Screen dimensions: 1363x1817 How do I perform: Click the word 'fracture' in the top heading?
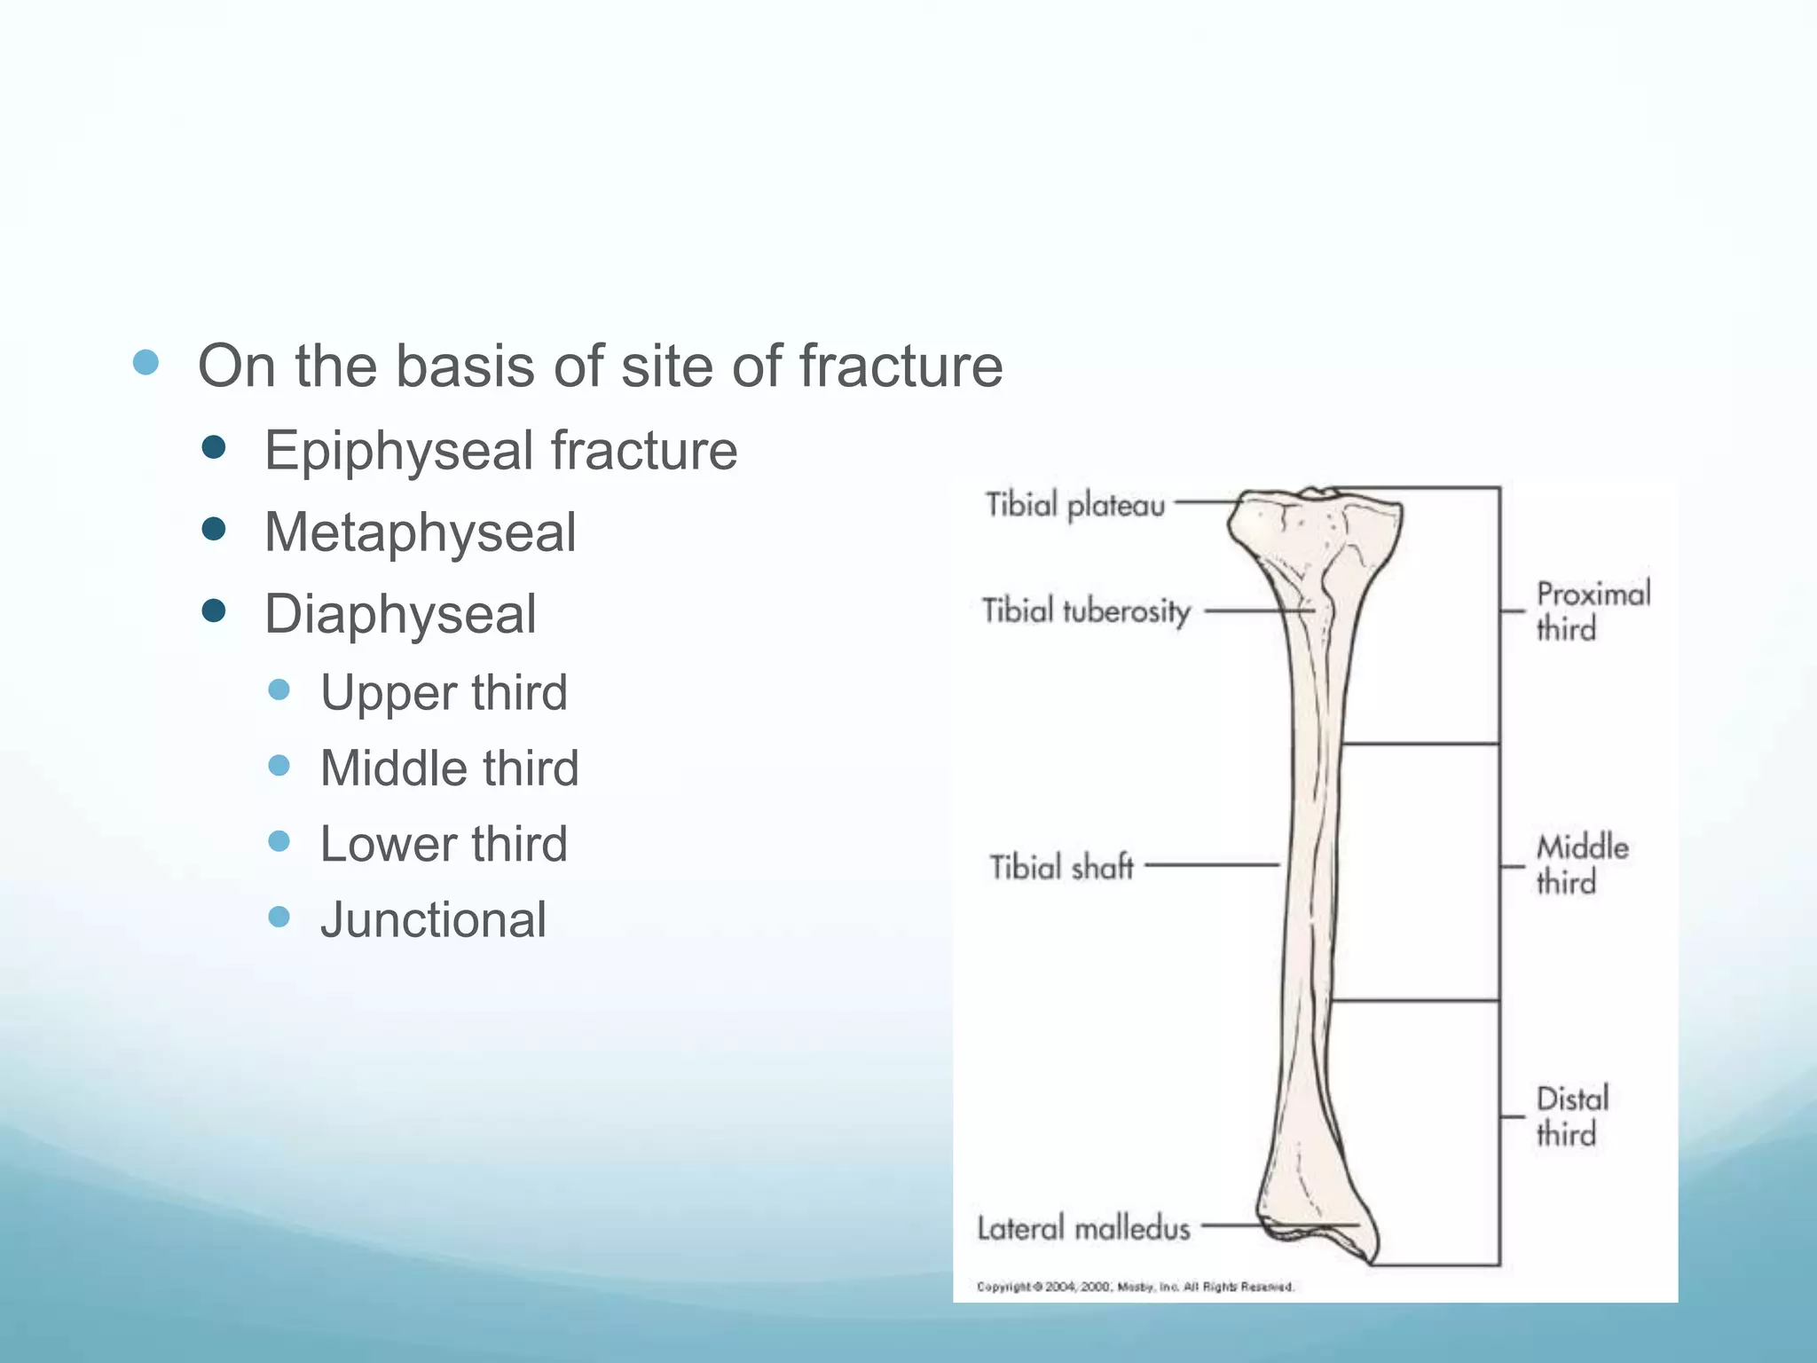pyautogui.click(x=901, y=366)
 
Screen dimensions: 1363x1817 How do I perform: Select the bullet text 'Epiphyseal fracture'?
pyautogui.click(x=500, y=450)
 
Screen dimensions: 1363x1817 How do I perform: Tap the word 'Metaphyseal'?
pyautogui.click(x=421, y=532)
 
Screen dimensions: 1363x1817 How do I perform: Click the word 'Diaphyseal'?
pyautogui.click(x=400, y=614)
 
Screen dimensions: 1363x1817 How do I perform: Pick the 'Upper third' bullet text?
pyautogui.click(x=444, y=692)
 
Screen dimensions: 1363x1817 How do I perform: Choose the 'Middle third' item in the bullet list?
pyautogui.click(x=449, y=768)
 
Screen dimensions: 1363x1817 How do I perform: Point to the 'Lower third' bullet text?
pyautogui.click(x=444, y=843)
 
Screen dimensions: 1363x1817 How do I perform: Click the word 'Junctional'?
pyautogui.click(x=433, y=919)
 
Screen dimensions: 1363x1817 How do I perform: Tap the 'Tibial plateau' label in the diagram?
pyautogui.click(x=1075, y=505)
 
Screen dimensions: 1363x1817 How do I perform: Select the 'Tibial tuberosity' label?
pyautogui.click(x=1086, y=611)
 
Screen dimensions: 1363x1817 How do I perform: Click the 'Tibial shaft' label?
pyautogui.click(x=1061, y=866)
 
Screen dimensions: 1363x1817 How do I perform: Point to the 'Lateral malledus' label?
pyautogui.click(x=1083, y=1228)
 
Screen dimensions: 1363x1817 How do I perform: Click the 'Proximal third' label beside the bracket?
pyautogui.click(x=1592, y=611)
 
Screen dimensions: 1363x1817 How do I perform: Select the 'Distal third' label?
pyautogui.click(x=1571, y=1116)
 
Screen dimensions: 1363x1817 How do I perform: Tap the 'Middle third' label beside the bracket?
pyautogui.click(x=1581, y=864)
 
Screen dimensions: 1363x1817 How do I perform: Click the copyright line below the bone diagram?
pyautogui.click(x=1135, y=1287)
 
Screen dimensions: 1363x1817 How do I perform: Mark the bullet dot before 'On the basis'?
pyautogui.click(x=146, y=362)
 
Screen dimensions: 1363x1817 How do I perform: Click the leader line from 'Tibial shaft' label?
pyautogui.click(x=1212, y=864)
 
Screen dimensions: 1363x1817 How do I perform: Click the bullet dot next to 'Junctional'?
pyautogui.click(x=279, y=916)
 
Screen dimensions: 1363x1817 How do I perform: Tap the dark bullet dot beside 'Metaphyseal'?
pyautogui.click(x=214, y=530)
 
